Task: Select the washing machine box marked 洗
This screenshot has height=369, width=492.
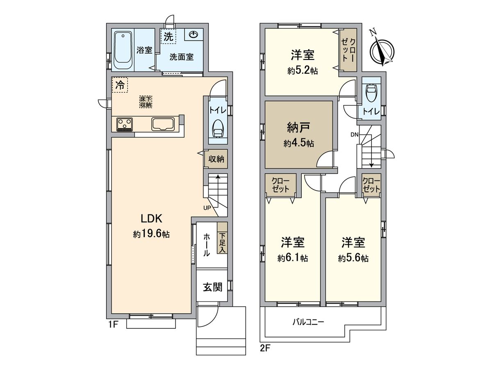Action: click(168, 36)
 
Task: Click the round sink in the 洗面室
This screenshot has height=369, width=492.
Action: click(194, 35)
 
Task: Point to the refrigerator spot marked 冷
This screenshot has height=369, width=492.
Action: click(120, 85)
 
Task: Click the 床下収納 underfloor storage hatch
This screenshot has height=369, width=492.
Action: click(146, 102)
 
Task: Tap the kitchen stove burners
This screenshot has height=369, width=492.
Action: click(125, 124)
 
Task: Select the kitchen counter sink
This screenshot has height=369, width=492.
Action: click(163, 124)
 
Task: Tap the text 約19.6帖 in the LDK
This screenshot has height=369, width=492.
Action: click(151, 235)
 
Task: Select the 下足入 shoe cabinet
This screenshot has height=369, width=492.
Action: click(222, 242)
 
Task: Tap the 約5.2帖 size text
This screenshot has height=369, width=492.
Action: click(303, 71)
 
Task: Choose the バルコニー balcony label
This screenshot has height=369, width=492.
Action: click(308, 322)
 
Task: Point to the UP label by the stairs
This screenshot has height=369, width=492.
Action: click(207, 207)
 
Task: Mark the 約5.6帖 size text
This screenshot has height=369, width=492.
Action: click(353, 258)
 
